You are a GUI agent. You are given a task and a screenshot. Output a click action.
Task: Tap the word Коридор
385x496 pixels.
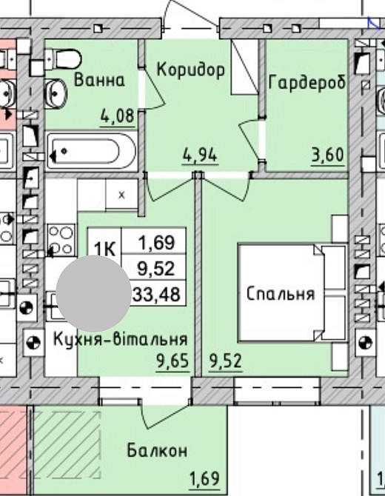(x=190, y=70)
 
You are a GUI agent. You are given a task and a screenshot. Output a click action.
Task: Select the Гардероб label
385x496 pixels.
(x=307, y=81)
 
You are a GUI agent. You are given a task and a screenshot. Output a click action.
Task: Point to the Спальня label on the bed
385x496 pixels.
(x=281, y=293)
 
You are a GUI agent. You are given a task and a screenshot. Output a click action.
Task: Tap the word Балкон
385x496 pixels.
(x=156, y=450)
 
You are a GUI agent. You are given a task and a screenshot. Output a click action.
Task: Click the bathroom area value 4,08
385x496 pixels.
(x=118, y=115)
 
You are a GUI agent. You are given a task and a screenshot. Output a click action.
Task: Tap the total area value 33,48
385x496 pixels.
(x=156, y=294)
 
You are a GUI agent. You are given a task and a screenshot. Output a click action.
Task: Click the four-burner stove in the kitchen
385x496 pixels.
(x=61, y=241)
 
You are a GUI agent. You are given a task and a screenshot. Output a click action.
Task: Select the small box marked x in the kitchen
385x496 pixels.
(x=121, y=195)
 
